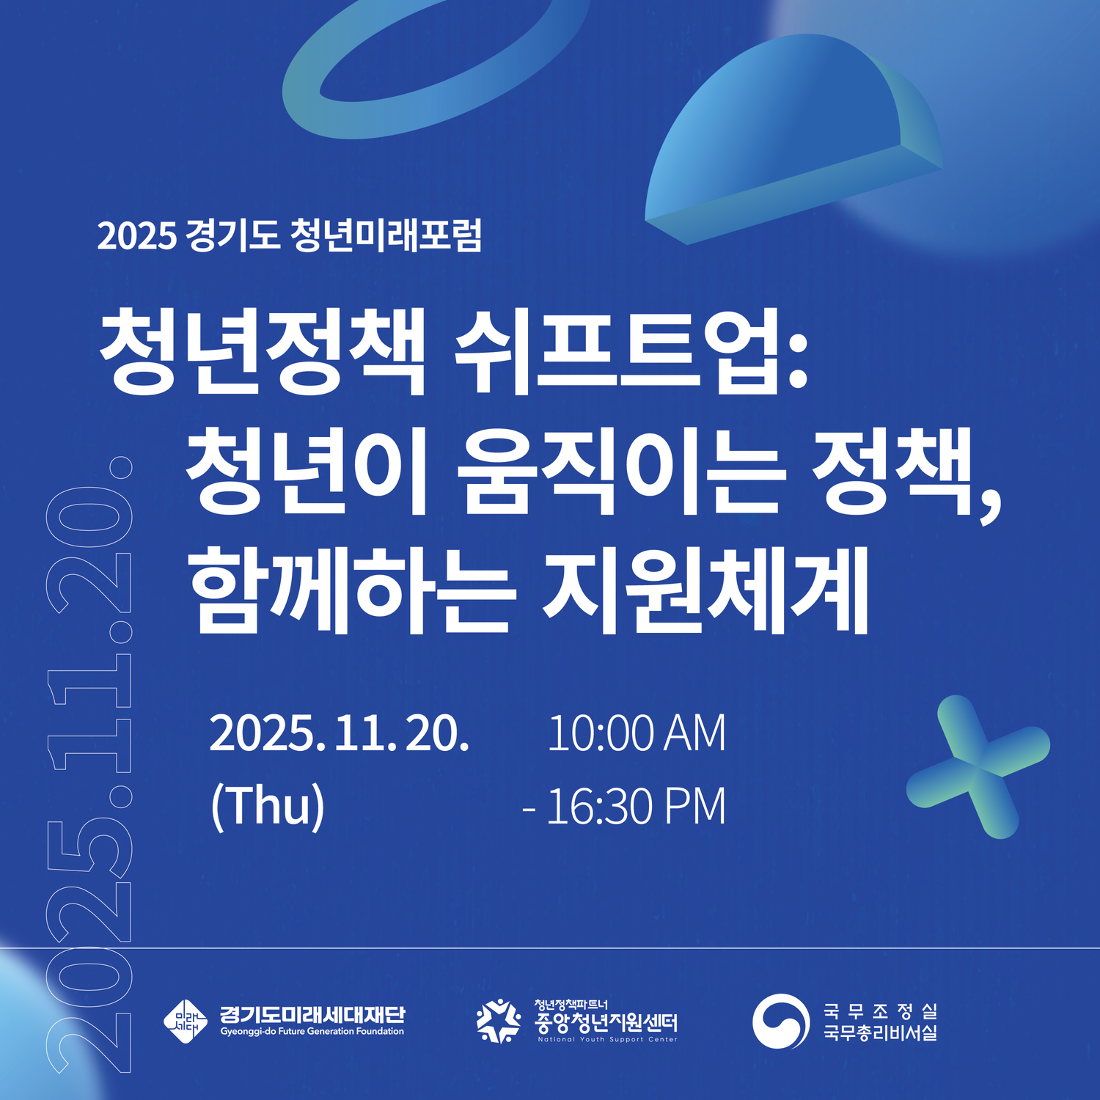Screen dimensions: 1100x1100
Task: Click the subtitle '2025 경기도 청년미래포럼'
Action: click(289, 235)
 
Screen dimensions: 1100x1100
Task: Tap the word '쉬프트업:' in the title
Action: click(631, 351)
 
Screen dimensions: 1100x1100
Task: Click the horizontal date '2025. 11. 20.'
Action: click(339, 733)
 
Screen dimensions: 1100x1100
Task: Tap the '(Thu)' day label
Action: click(268, 806)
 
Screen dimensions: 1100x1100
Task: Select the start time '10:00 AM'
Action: click(637, 733)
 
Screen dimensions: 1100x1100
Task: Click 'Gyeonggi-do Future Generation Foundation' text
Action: click(312, 1032)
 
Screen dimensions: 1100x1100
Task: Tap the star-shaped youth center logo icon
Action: click(499, 1021)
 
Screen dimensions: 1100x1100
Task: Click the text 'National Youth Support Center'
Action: click(607, 1039)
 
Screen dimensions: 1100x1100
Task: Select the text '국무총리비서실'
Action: click(880, 1033)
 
